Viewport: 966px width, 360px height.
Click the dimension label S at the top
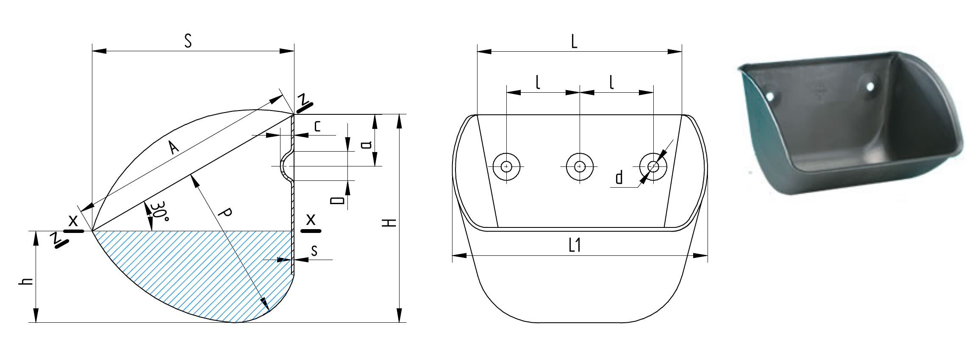click(x=188, y=41)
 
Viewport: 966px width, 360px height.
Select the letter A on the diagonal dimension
click(x=173, y=147)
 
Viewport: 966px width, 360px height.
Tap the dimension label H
click(x=389, y=223)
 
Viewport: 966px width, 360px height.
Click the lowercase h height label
click(x=26, y=282)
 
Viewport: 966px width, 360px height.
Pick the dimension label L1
click(x=575, y=245)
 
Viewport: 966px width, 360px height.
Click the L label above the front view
click(x=574, y=42)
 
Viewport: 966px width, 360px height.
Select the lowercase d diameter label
click(x=619, y=177)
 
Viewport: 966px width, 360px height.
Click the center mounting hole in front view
click(x=580, y=166)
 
